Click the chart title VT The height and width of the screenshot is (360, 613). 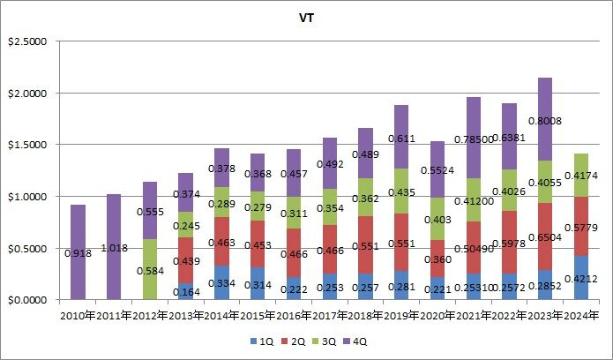point(307,16)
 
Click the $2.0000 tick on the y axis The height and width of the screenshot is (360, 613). point(32,93)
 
